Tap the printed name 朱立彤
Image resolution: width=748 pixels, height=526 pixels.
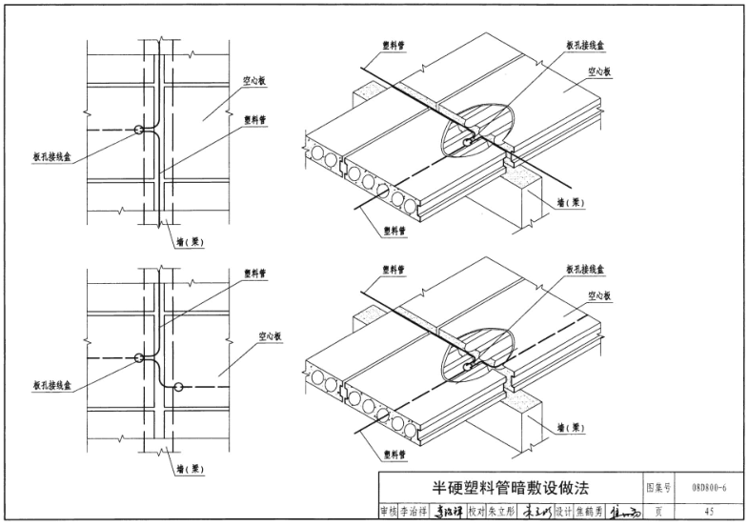tap(503, 510)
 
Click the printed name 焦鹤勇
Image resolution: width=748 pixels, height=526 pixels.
tap(589, 510)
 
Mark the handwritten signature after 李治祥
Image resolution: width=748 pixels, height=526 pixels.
tap(449, 510)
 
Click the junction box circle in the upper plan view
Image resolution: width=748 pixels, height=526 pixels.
tap(139, 130)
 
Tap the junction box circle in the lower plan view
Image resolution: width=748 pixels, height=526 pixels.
tap(139, 358)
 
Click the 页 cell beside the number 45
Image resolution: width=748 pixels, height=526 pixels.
tap(659, 510)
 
